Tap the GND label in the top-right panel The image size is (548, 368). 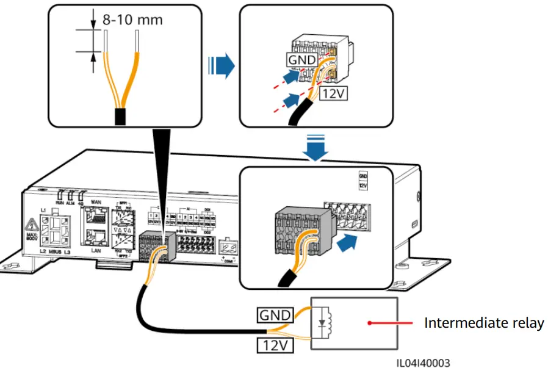tap(302, 60)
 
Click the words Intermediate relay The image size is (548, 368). tap(483, 323)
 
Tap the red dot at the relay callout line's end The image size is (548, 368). tap(369, 323)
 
